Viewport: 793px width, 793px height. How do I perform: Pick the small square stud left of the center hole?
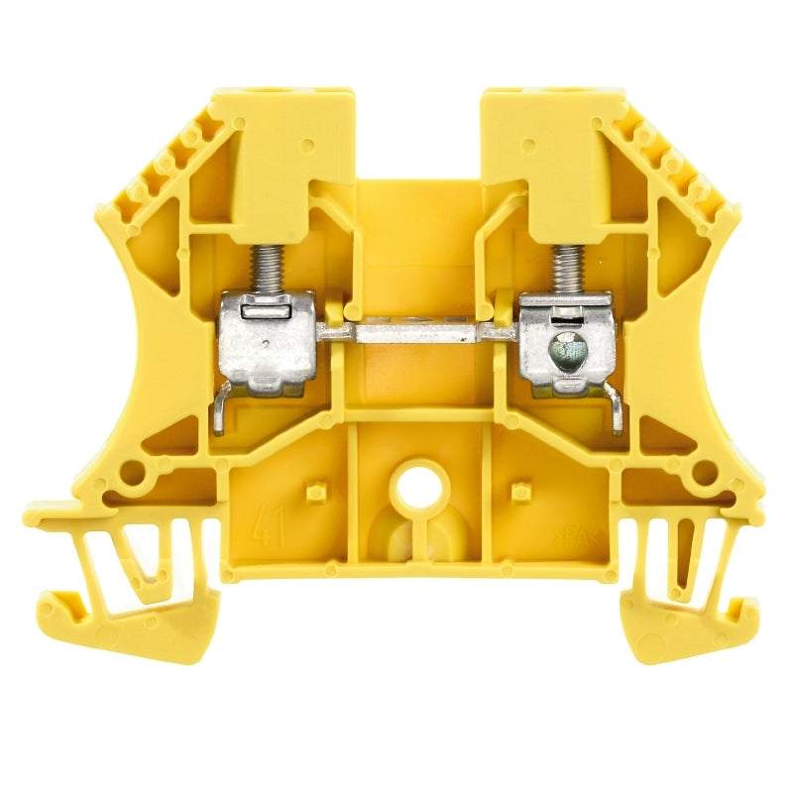coord(316,492)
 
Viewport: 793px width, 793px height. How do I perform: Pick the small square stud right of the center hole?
coord(516,492)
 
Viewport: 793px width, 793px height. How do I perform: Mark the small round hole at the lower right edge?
coord(706,474)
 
